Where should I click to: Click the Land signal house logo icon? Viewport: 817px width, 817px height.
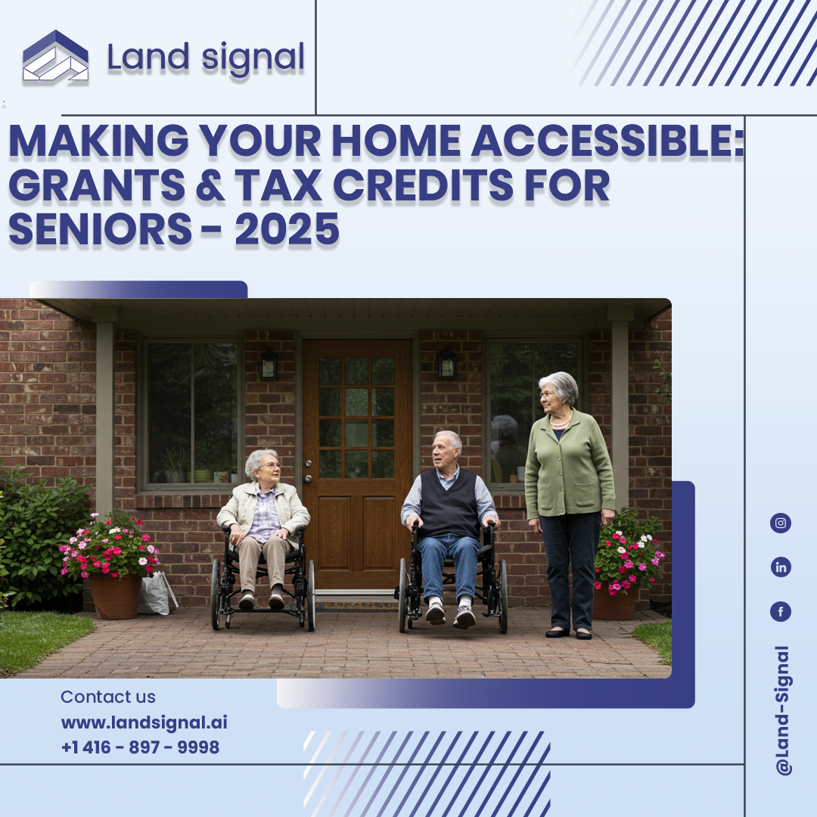(55, 56)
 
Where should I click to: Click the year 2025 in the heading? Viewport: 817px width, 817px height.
(287, 229)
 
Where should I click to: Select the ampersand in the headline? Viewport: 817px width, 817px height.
(210, 185)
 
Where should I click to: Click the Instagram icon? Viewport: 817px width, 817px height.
(781, 523)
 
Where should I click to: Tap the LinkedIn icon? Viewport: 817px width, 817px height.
(781, 567)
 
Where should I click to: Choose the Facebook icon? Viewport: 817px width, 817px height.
(781, 611)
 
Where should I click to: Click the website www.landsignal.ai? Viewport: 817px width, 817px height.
(144, 722)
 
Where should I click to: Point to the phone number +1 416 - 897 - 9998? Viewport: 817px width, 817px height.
(140, 747)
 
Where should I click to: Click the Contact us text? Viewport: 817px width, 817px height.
(108, 697)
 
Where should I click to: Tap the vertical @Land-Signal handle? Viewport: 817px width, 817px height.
(783, 710)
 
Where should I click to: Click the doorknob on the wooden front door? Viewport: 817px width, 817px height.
(309, 464)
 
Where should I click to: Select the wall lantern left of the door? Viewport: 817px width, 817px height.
(269, 366)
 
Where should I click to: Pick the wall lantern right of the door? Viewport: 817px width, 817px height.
(446, 364)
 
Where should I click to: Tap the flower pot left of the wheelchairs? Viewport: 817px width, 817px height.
(115, 595)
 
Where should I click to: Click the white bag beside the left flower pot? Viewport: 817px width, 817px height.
(157, 593)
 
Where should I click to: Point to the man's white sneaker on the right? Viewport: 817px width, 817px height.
(464, 617)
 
